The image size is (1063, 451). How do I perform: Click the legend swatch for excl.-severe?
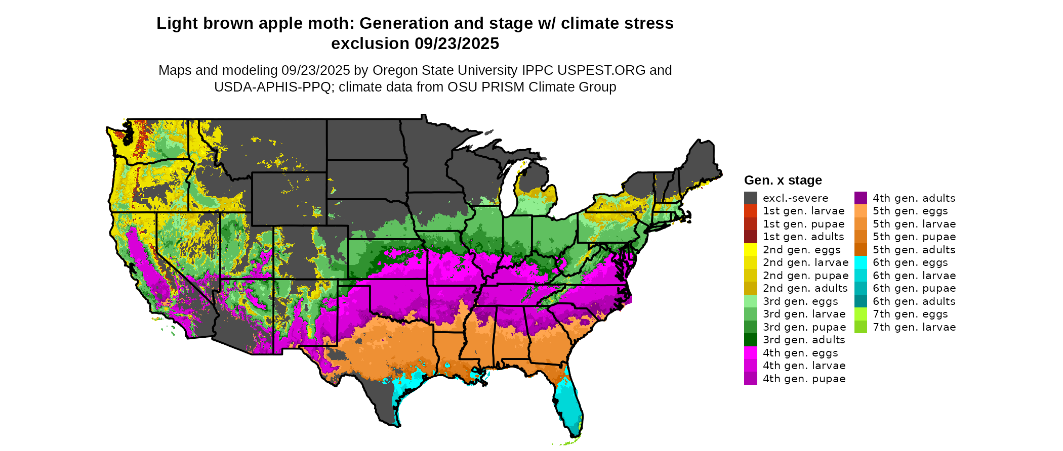[x=750, y=198]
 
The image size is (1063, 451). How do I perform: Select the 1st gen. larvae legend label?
[x=803, y=211]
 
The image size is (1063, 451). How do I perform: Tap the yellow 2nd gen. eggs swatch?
[x=750, y=250]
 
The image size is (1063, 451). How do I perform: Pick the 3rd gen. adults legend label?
[x=804, y=340]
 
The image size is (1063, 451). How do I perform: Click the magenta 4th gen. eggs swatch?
[x=750, y=353]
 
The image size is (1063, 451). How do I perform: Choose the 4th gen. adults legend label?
[x=914, y=198]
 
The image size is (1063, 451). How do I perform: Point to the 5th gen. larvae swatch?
[x=861, y=224]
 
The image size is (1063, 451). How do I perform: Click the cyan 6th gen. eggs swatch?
[x=861, y=262]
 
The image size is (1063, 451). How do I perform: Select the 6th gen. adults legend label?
[x=914, y=301]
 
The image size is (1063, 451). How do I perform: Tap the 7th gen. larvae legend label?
[x=914, y=327]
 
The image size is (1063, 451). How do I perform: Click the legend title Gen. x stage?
[x=783, y=181]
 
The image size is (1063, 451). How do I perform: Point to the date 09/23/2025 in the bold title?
[x=457, y=44]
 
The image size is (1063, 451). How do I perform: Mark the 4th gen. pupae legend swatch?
[x=750, y=379]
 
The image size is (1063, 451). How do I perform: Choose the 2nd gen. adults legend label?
[x=805, y=288]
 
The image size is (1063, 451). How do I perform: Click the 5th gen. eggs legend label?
[x=910, y=211]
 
